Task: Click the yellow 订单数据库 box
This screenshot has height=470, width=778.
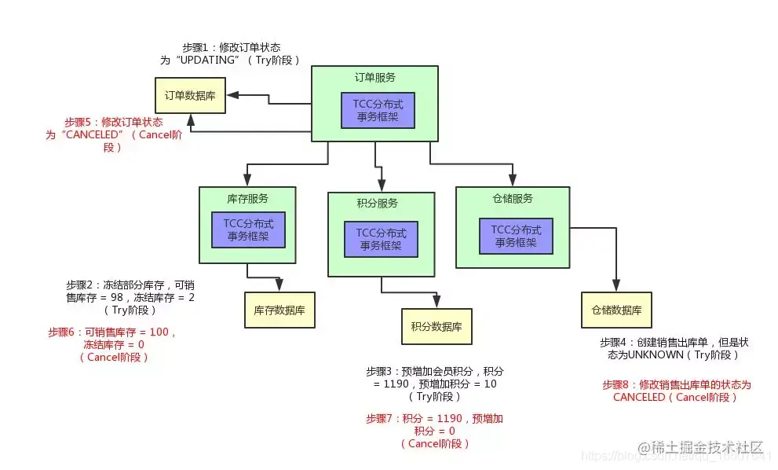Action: pos(190,95)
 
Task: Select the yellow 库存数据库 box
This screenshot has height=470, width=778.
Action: pos(279,310)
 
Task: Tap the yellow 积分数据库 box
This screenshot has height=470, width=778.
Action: pos(436,326)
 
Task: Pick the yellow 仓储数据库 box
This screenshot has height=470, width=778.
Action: pos(616,309)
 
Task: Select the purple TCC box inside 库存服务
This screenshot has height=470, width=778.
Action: pos(248,229)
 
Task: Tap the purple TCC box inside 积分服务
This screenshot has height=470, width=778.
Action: pos(381,238)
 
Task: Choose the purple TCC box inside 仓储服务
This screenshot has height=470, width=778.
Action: pos(516,236)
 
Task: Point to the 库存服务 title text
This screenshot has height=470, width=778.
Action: pos(247,198)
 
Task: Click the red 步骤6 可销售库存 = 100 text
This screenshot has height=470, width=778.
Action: pos(114,344)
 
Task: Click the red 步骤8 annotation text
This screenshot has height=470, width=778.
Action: pos(676,391)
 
